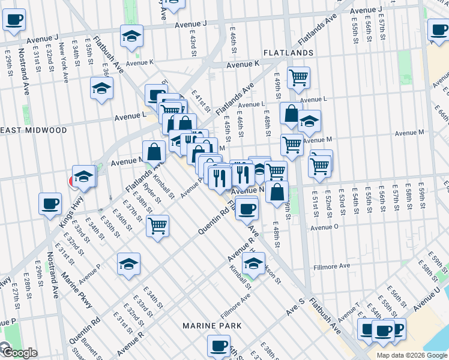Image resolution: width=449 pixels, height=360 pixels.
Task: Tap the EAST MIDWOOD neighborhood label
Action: (33, 130)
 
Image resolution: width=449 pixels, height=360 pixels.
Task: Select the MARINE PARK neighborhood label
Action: (212, 326)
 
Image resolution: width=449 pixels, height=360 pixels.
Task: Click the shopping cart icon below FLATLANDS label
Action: (298, 77)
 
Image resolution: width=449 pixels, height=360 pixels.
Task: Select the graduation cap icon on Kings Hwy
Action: (84, 176)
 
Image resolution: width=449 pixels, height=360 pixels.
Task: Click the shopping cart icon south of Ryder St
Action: (157, 226)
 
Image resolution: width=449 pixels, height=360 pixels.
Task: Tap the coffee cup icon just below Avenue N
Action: (246, 208)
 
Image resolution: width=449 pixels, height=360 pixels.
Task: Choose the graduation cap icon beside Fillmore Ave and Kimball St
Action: (253, 263)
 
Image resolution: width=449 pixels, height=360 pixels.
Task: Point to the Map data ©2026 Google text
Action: (412, 355)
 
